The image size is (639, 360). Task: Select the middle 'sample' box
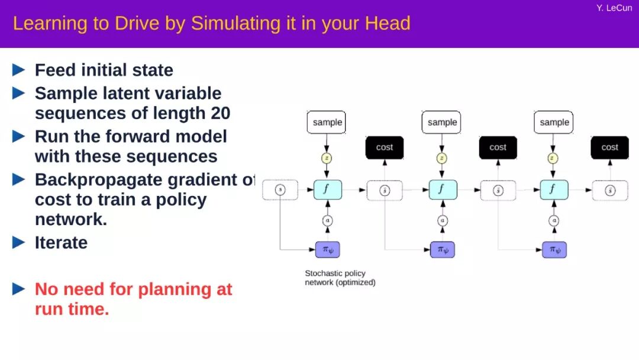coord(442,123)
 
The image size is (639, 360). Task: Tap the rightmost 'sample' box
coord(554,123)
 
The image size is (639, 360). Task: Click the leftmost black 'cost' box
coord(385,147)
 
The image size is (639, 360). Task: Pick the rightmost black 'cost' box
coord(609,147)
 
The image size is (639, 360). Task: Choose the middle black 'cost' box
coord(498,147)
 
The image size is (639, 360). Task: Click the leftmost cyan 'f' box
coord(327,190)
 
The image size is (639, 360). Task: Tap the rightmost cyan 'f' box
coord(554,190)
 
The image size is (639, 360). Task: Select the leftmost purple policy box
coord(327,250)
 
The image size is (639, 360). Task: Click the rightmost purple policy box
coord(554,250)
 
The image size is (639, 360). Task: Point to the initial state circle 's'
coord(280,190)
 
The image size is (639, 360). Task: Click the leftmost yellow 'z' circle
coord(327,158)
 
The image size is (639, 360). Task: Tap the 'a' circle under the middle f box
coord(443,220)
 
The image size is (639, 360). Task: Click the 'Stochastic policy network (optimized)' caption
coord(340,278)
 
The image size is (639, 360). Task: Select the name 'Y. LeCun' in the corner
coord(614,8)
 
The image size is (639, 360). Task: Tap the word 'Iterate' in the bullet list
coord(61,242)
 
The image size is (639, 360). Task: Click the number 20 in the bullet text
coord(220,113)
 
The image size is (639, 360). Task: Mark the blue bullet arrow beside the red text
coord(19,289)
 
